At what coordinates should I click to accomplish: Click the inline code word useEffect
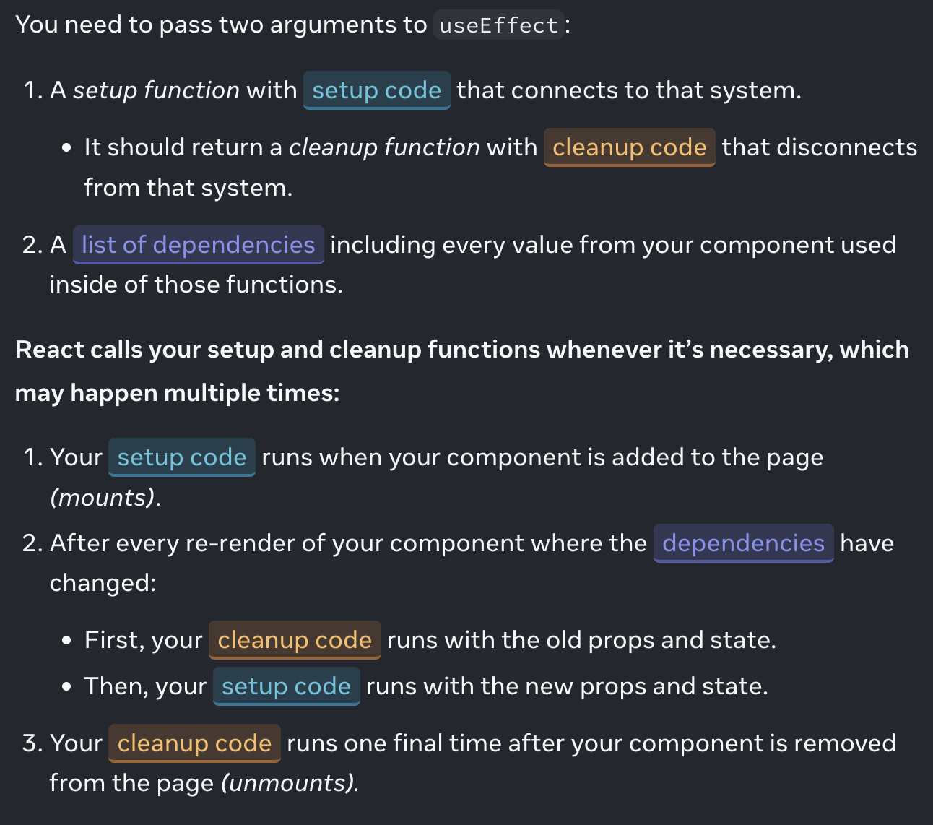point(498,25)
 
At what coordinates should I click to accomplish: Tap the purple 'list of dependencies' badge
point(198,245)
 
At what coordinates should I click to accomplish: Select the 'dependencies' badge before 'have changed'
point(743,543)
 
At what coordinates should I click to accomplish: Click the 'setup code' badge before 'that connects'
point(376,90)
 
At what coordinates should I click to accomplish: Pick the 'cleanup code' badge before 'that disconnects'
point(629,147)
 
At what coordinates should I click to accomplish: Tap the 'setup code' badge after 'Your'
point(181,457)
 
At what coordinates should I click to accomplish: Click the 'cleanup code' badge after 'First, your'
point(294,640)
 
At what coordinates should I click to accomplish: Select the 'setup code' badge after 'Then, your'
point(286,686)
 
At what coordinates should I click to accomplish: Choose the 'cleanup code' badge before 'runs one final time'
point(194,743)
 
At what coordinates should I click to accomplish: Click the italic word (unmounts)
point(289,783)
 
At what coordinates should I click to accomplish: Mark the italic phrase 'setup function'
point(156,90)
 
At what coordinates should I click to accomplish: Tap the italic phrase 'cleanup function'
point(384,147)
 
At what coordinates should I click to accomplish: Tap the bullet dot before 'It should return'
point(67,148)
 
